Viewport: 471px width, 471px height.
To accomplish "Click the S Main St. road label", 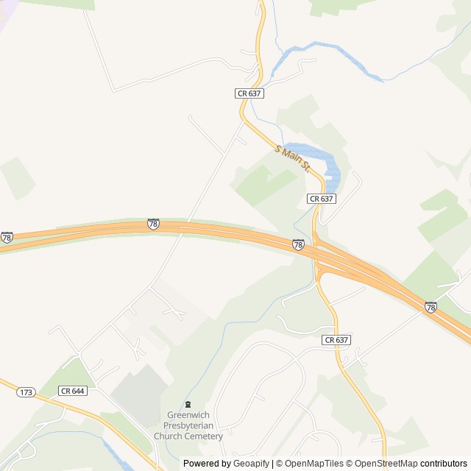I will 293,159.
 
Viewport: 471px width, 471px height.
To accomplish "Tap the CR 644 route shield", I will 74,391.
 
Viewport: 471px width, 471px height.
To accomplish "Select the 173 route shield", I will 26,393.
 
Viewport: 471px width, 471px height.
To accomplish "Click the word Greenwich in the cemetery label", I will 188,414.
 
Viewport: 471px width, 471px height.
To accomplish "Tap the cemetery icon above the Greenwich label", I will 188,403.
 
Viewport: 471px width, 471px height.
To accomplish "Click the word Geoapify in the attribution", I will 252,463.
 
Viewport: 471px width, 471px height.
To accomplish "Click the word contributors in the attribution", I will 443,463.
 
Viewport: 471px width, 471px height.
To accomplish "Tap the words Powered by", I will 207,463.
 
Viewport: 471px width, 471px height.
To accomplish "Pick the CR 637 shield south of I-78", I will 336,340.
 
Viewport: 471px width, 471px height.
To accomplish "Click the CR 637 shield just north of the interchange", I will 322,199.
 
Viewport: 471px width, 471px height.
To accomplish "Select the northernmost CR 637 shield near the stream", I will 249,93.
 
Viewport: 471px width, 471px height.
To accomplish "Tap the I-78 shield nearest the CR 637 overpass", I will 298,245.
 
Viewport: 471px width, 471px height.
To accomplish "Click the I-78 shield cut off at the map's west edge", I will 7,237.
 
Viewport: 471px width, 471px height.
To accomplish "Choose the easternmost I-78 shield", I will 431,307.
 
